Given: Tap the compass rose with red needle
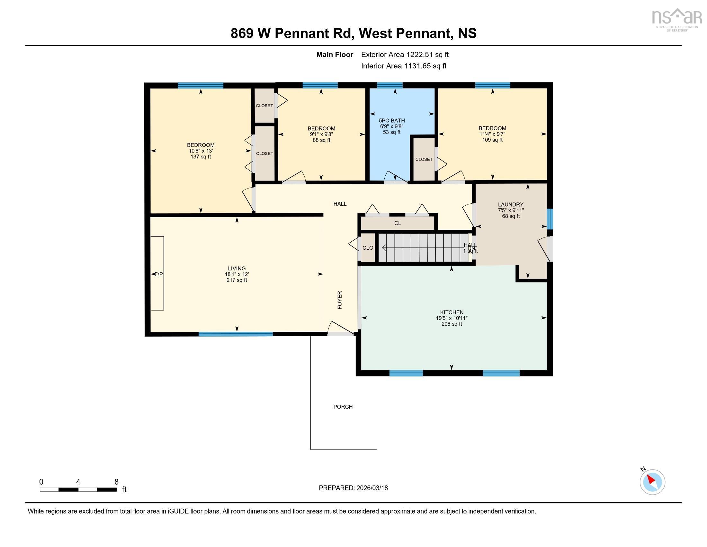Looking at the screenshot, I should pos(652,482).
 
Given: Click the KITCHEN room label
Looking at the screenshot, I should pos(451,312).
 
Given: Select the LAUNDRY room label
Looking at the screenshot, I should pos(511,204).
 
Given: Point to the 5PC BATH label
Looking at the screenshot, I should pos(392,121).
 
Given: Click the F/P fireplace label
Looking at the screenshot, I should pos(159,274).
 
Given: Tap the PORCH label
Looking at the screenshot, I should pos(343,407).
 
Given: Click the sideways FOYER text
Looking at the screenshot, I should pos(340,300).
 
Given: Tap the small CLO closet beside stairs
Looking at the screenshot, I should pos(368,248).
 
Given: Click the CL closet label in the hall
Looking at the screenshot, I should pos(398,223).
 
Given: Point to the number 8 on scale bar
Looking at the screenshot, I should pos(116,482).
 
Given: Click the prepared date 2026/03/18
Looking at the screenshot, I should pos(353,488).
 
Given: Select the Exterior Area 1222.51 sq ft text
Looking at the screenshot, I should pos(405,54).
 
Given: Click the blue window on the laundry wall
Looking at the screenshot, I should pos(550,219).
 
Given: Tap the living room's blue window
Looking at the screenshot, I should pos(235,334).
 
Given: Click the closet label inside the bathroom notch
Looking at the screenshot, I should pos(424,159).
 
